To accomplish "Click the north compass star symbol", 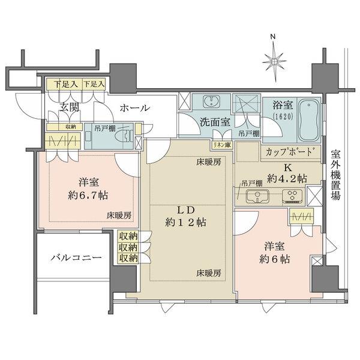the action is [x=274, y=62].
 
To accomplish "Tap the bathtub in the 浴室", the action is [x=308, y=121].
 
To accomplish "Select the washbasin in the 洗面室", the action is [x=211, y=101].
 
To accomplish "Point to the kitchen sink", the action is [x=257, y=196].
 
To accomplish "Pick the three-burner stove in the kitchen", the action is [x=293, y=196].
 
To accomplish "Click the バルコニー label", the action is [x=76, y=257].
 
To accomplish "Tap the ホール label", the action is [x=135, y=107].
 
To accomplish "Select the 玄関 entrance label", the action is [x=70, y=107].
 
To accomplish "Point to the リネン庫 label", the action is [x=222, y=145].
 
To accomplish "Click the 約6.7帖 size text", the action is [x=88, y=196].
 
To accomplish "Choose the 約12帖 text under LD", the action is [x=185, y=222].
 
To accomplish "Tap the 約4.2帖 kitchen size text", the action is [x=287, y=178].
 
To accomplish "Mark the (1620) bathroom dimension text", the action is [x=283, y=116].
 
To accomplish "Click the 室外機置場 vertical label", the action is [x=335, y=175].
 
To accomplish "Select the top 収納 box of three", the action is [x=128, y=236].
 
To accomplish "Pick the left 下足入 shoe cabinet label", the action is [x=65, y=84].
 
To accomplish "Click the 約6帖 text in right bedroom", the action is [x=275, y=259].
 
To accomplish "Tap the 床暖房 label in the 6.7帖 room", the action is [x=119, y=215].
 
